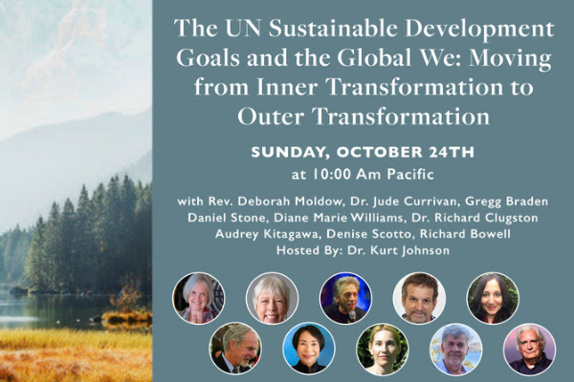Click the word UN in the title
coord(243,29)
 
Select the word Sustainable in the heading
coord(333,29)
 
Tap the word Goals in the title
coord(208,57)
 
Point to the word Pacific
coord(410,175)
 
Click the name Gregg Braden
coord(507,202)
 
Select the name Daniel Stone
coord(226,218)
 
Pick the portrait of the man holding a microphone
coord(345,298)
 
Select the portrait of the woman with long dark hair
coord(493,298)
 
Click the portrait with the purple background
coord(529,350)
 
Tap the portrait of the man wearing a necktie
coord(235,349)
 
